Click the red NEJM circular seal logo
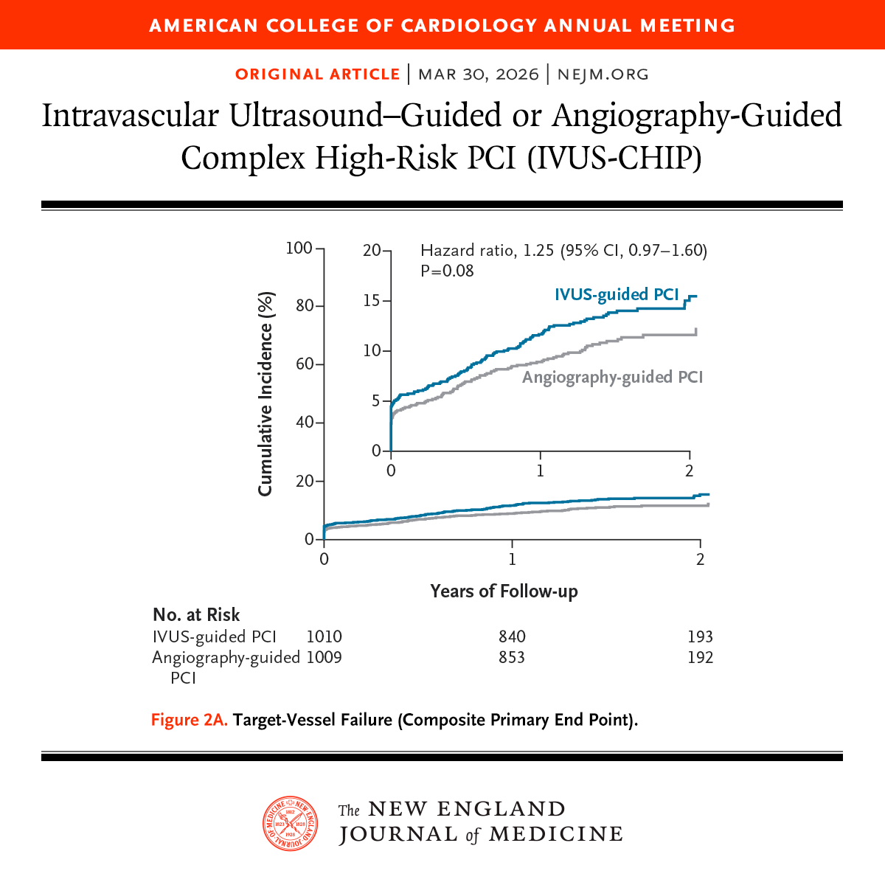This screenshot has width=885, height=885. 291,823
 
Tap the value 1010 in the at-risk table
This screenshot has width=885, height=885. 324,636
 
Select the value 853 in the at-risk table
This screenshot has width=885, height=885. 512,656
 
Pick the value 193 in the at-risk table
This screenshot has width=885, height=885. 700,636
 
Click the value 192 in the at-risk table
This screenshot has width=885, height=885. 700,656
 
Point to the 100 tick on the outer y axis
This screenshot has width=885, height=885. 299,248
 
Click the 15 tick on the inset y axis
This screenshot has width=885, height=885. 372,301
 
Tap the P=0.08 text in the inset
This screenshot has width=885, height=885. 447,271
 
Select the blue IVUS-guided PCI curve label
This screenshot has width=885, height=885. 616,295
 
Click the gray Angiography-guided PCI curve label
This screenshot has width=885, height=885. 612,377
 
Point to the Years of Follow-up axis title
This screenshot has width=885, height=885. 504,591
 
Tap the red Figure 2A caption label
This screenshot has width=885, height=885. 190,719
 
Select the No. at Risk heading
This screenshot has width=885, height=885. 196,615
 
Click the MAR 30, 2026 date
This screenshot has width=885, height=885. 478,74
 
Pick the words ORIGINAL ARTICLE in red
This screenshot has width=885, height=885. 317,74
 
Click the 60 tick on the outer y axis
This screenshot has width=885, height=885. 304,364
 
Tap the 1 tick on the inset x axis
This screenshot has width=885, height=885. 541,470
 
